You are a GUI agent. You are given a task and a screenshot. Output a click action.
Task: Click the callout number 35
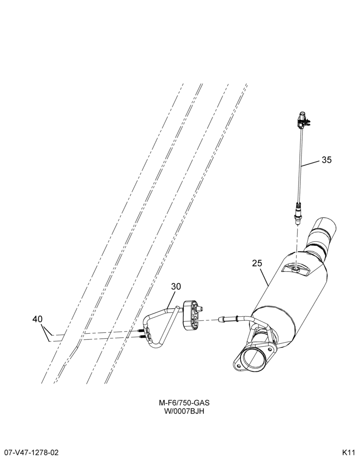(x=326, y=160)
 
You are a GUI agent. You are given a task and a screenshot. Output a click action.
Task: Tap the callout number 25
(x=257, y=263)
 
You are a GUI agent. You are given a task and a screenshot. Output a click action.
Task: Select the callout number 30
(x=176, y=286)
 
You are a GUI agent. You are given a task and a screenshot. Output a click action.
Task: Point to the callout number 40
(x=38, y=319)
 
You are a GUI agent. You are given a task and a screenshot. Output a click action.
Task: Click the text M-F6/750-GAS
(x=184, y=403)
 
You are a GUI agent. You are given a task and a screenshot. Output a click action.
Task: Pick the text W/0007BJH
(x=184, y=411)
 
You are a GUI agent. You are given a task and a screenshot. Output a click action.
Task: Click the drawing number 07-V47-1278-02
(x=29, y=452)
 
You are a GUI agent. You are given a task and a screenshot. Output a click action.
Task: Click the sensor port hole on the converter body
(x=296, y=269)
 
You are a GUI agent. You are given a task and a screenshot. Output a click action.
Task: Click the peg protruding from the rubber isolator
(x=201, y=309)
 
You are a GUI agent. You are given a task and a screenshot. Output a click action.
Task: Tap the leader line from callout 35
(x=310, y=163)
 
